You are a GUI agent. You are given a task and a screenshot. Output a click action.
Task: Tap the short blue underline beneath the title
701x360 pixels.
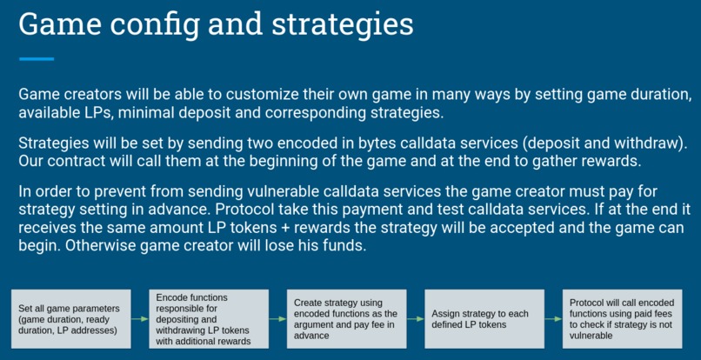(x=37, y=59)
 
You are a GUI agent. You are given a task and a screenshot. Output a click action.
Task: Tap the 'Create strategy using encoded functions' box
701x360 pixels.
(x=345, y=319)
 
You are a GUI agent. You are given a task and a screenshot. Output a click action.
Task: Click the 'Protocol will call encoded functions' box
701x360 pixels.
(x=618, y=319)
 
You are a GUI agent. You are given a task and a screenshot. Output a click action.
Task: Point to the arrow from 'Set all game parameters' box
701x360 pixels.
(x=140, y=319)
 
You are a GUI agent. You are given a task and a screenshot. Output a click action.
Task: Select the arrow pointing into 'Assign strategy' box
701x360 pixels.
(x=413, y=319)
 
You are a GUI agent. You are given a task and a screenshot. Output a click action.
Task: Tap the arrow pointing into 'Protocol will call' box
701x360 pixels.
(x=550, y=319)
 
